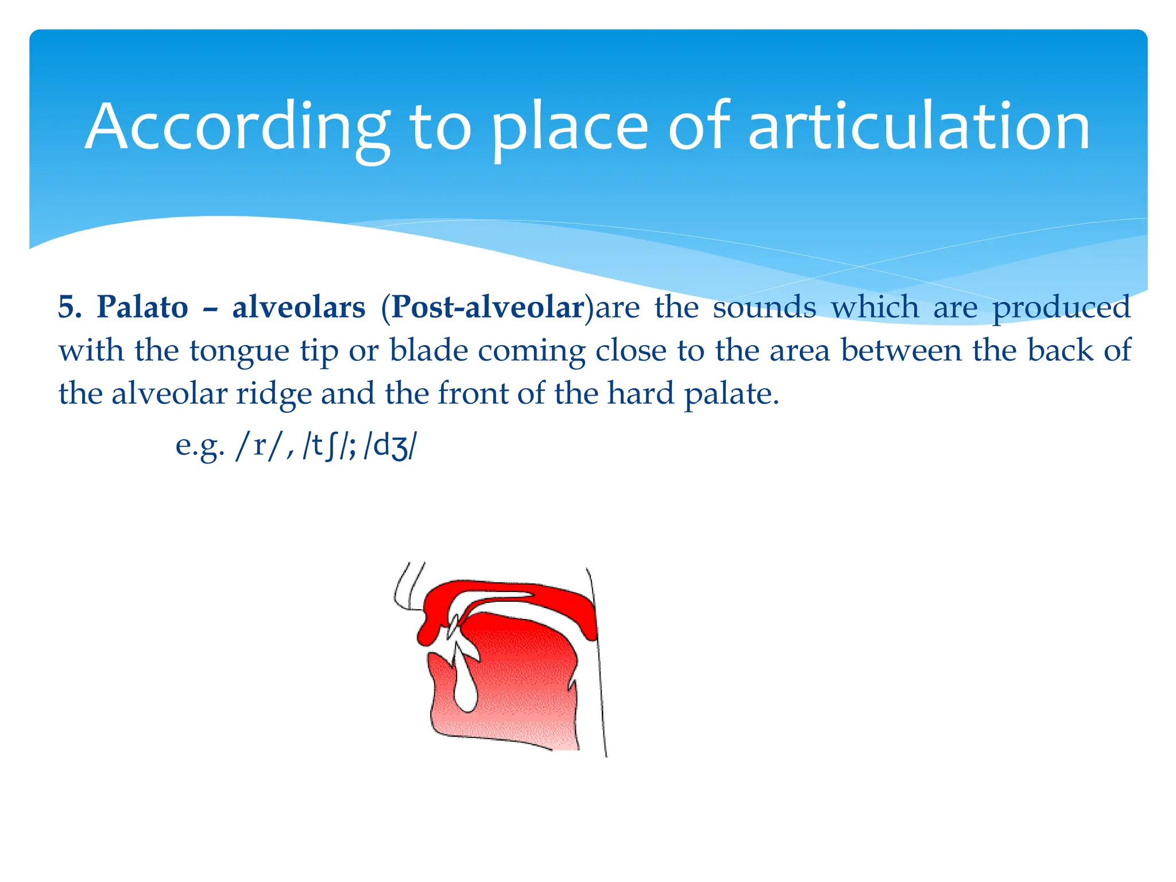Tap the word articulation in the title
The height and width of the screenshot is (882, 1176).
(919, 127)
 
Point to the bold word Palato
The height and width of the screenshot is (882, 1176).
(142, 307)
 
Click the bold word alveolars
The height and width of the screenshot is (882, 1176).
(299, 307)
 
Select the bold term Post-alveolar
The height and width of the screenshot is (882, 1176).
(488, 307)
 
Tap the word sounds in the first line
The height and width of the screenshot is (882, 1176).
(764, 307)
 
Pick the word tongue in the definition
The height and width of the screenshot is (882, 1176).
(239, 351)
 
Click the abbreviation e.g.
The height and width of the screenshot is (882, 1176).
(199, 446)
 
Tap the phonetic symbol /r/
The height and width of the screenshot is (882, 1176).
(260, 446)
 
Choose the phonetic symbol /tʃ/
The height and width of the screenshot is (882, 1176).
(326, 446)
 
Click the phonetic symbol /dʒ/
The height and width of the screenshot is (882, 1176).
(390, 446)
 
